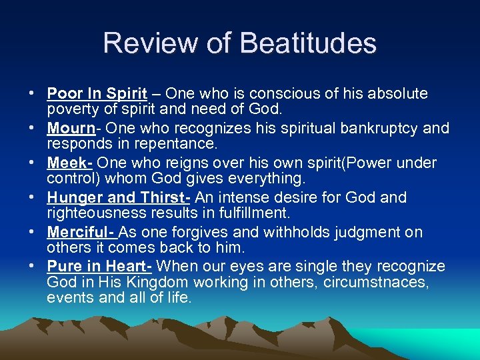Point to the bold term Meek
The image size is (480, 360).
69,163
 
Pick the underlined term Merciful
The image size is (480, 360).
81,232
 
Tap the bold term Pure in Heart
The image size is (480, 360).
99,267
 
